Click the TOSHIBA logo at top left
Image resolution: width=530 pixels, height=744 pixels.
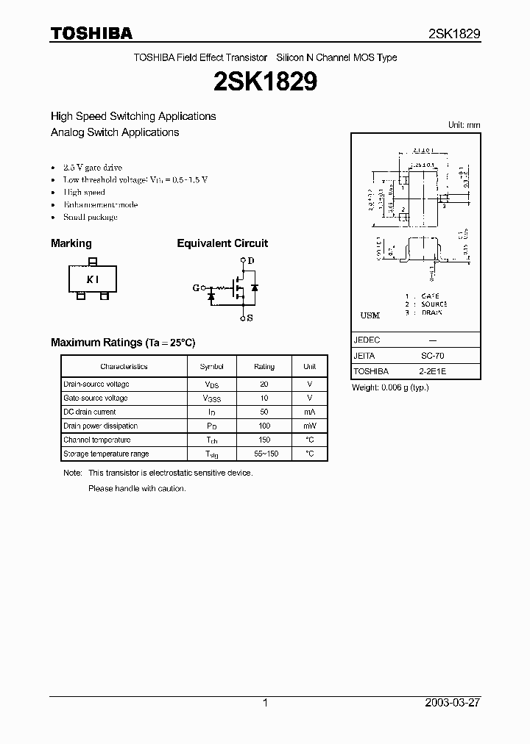pos(91,33)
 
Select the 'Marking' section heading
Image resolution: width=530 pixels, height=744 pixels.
pos(71,243)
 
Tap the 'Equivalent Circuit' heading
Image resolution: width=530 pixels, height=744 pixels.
pos(222,243)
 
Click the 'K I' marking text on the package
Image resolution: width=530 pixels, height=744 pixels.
pos(92,279)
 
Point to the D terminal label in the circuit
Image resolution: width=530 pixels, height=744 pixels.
pos(251,261)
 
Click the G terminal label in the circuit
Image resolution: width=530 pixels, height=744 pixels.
pos(196,287)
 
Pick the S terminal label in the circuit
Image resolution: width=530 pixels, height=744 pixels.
pos(250,318)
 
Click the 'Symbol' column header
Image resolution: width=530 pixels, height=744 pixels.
pos(211,366)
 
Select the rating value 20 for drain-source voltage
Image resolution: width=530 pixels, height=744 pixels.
pos(264,384)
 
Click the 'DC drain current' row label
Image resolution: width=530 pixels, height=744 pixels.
pos(90,412)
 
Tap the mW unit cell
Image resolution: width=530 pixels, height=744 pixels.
pos(309,426)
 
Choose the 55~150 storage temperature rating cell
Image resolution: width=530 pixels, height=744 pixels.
pos(264,454)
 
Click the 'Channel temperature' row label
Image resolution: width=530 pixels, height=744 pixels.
pos(97,440)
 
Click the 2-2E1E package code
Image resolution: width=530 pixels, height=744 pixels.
pos(432,372)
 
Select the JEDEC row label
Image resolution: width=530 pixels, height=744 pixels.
pos(367,340)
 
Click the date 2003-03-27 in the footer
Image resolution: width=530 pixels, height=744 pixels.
pos(453,703)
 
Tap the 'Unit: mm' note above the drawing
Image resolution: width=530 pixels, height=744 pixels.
pos(464,126)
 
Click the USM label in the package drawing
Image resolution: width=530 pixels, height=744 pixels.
pos(370,315)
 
